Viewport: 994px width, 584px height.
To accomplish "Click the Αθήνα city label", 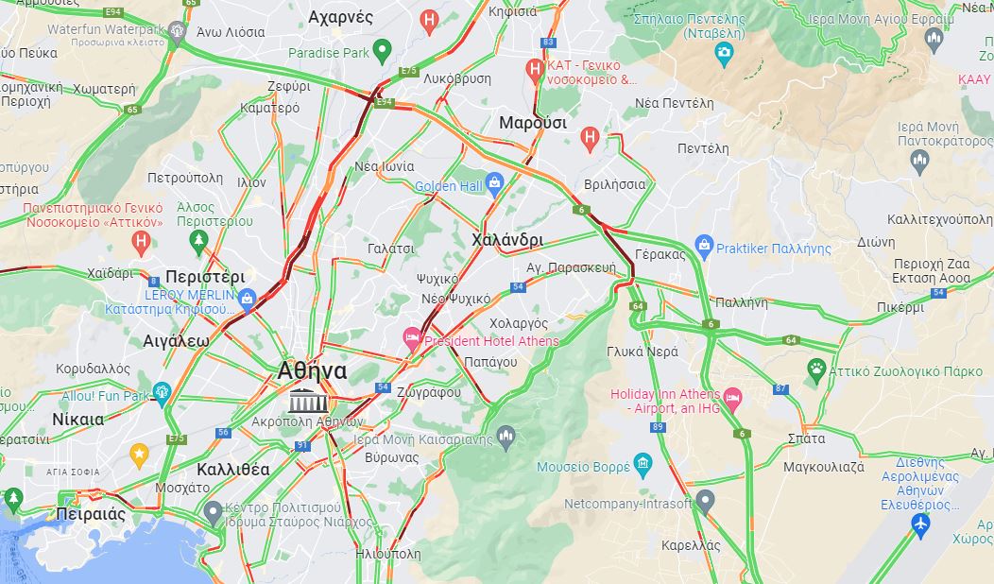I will [313, 370].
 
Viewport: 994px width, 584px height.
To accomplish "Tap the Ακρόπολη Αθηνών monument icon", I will [305, 399].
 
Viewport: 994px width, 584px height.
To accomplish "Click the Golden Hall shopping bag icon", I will [494, 184].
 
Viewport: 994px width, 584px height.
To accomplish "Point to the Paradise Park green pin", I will [382, 51].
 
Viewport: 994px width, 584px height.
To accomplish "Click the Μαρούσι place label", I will [533, 123].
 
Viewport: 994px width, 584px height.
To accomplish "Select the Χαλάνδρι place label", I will [507, 240].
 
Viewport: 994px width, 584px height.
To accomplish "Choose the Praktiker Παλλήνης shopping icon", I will [703, 247].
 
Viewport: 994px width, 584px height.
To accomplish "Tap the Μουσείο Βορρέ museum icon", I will [643, 464].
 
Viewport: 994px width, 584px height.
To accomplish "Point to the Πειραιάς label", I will [91, 514].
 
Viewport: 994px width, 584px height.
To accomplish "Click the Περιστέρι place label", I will [205, 277].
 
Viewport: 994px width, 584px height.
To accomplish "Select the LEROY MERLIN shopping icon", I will [248, 300].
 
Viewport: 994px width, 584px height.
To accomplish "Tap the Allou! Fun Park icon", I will [162, 393].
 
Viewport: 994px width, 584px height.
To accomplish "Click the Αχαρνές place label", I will [340, 17].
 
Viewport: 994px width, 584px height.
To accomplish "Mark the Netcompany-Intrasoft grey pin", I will [703, 502].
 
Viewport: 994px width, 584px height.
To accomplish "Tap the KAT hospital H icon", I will [534, 70].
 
